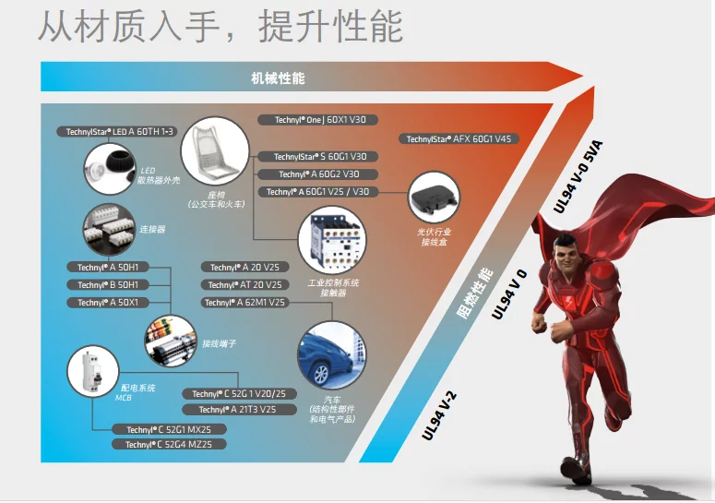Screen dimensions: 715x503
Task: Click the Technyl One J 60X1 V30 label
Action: click(317, 120)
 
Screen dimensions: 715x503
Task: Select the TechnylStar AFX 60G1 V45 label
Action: click(459, 138)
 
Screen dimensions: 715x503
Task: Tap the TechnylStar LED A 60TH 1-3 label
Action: click(117, 132)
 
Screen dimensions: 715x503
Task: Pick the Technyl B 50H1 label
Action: click(108, 285)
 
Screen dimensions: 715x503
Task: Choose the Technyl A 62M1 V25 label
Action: click(244, 303)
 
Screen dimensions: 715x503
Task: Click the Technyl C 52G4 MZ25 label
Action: click(169, 444)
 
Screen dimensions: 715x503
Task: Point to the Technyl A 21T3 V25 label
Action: click(239, 410)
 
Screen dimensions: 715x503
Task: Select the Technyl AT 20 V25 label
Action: click(244, 285)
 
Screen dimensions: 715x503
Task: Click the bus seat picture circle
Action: click(215, 151)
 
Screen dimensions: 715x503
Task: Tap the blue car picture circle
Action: click(332, 355)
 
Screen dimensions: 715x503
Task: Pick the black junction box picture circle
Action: click(434, 198)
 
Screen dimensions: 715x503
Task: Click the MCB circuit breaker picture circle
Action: click(93, 371)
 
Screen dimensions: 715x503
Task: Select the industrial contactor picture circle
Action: click(332, 240)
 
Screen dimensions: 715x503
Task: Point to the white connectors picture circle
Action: click(110, 230)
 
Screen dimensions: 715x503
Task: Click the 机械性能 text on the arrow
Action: click(278, 78)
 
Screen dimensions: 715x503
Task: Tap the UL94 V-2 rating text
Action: click(438, 415)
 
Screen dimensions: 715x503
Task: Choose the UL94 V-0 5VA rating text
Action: click(578, 177)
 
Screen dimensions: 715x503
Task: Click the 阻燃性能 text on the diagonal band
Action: click(475, 294)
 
